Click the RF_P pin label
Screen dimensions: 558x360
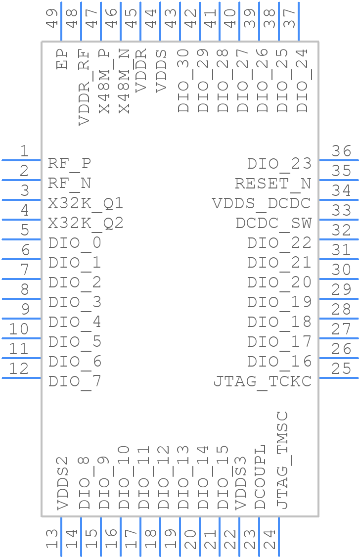pyautogui.click(x=69, y=164)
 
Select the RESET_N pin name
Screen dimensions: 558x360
pyautogui.click(x=273, y=184)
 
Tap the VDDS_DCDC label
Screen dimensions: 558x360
pyautogui.click(x=262, y=203)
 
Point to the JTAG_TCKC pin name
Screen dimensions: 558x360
pyautogui.click(x=263, y=381)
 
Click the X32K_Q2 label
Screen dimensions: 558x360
pyautogui.click(x=86, y=223)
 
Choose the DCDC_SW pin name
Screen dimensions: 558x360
pyautogui.click(x=273, y=223)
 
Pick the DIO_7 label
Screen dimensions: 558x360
pyautogui.click(x=75, y=381)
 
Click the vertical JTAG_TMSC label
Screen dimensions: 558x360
pyautogui.click(x=281, y=460)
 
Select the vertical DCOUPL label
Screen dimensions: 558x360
pyautogui.click(x=260, y=477)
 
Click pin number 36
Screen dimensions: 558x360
pyautogui.click(x=341, y=151)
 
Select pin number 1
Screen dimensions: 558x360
pyautogui.click(x=24, y=151)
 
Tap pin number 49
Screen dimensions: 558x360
pyautogui.click(x=52, y=17)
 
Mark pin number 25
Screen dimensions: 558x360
pyautogui.click(x=341, y=369)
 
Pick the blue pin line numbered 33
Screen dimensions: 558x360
pyautogui.click(x=339, y=220)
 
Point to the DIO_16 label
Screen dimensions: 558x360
pyautogui.click(x=279, y=362)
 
